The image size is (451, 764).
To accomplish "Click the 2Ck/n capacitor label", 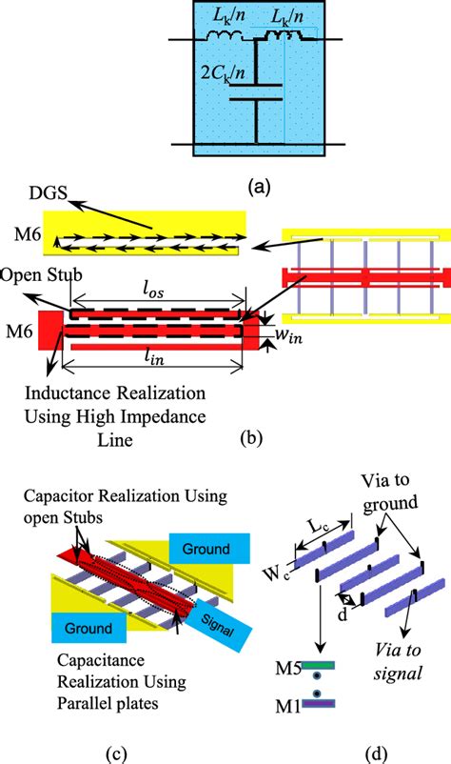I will coord(226,71).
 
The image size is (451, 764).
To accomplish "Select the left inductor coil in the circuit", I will coord(226,39).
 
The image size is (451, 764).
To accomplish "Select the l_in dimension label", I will coord(155,363).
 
